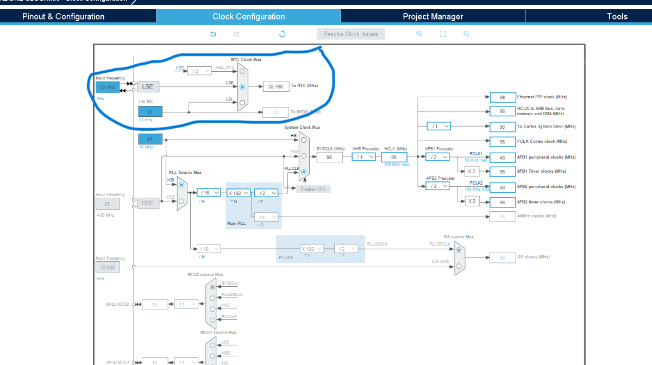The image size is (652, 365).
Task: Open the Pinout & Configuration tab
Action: (63, 16)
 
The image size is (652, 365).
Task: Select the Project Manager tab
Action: (432, 16)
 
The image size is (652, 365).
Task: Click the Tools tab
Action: (617, 16)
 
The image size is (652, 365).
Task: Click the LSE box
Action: (148, 86)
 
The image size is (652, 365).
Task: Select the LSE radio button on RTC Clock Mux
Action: (242, 86)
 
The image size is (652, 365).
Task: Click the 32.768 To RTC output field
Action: (276, 86)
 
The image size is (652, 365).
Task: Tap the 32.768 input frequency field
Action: (107, 87)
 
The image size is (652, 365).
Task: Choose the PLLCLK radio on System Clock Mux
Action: (303, 172)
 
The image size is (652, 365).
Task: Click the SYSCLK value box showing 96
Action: (329, 157)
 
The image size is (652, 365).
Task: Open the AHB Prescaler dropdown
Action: (363, 157)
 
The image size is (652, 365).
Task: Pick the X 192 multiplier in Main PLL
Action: (239, 193)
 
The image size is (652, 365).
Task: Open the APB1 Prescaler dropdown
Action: (437, 157)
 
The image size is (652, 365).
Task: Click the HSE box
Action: (147, 203)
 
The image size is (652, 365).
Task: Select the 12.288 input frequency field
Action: (108, 268)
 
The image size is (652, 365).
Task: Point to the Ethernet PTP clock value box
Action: (503, 97)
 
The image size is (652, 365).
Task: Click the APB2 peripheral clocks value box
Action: (503, 187)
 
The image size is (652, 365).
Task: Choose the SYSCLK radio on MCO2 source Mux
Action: (212, 287)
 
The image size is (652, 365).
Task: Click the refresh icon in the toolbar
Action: (282, 34)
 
